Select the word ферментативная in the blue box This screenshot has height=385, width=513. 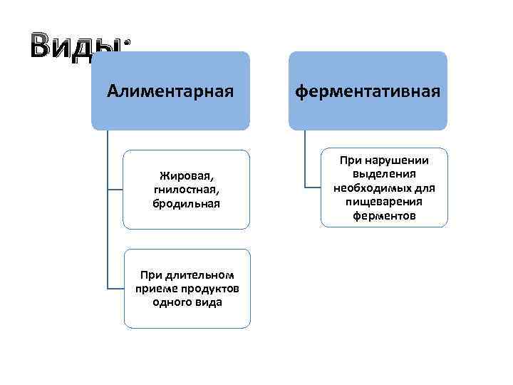pyautogui.click(x=368, y=91)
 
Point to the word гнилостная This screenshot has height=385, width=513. pyautogui.click(x=185, y=189)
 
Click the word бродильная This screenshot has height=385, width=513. pyautogui.click(x=186, y=203)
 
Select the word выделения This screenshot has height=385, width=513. pyautogui.click(x=383, y=174)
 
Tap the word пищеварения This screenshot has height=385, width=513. pyautogui.click(x=384, y=202)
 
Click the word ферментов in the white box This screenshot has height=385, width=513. pyautogui.click(x=383, y=215)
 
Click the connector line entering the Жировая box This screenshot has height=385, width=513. pyautogui.click(x=115, y=189)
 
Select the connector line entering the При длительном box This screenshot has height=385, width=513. pyautogui.click(x=115, y=288)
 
